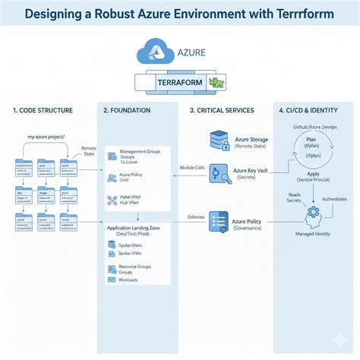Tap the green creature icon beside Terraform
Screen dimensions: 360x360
pos(216,82)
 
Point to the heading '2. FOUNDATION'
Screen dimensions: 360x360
pos(127,111)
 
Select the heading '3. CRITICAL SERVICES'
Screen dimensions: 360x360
pos(223,111)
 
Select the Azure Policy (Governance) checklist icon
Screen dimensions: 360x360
pos(218,223)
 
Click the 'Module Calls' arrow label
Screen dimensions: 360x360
pos(191,167)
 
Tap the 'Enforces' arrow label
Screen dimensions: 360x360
pos(195,217)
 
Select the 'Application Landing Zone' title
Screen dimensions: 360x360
pos(134,228)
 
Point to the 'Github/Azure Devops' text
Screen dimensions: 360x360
pos(313,126)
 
